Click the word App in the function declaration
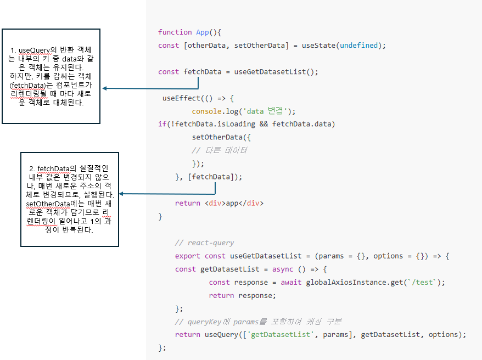202,32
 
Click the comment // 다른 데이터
220,150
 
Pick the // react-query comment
204,243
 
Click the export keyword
188,256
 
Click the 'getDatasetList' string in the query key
274,334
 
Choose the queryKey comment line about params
259,322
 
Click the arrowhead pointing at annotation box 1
105,88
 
